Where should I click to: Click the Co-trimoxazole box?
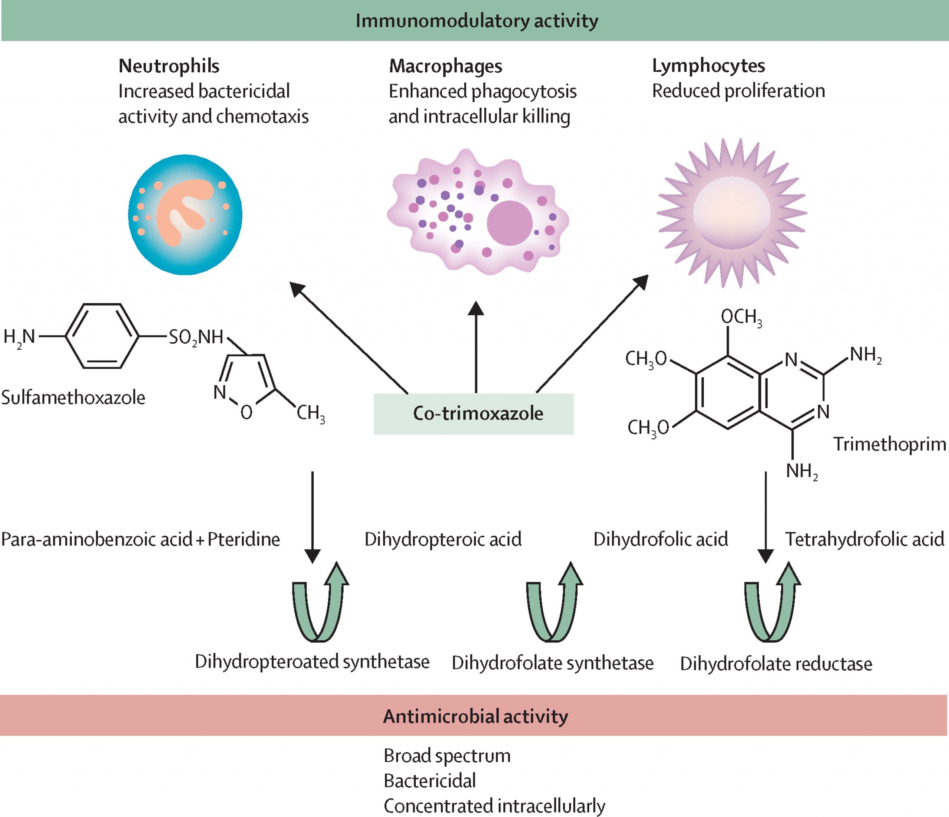pyautogui.click(x=474, y=413)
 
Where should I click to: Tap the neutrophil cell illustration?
pyautogui.click(x=185, y=214)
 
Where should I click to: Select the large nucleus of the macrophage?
pyautogui.click(x=509, y=223)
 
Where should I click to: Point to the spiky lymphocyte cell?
pyautogui.click(x=731, y=213)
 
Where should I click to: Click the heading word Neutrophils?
pyautogui.click(x=169, y=66)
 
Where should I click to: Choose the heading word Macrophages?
pyautogui.click(x=445, y=66)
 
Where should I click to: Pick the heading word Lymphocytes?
pyautogui.click(x=708, y=66)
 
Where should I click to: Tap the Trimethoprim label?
pyautogui.click(x=889, y=444)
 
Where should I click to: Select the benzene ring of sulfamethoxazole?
pyautogui.click(x=102, y=336)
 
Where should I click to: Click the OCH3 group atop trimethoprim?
pyautogui.click(x=741, y=317)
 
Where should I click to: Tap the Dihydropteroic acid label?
pyautogui.click(x=443, y=539)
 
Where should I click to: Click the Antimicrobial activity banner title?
pyautogui.click(x=475, y=716)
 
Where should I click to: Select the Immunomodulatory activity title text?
pyautogui.click(x=476, y=21)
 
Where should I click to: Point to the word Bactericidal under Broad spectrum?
pyautogui.click(x=430, y=781)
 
